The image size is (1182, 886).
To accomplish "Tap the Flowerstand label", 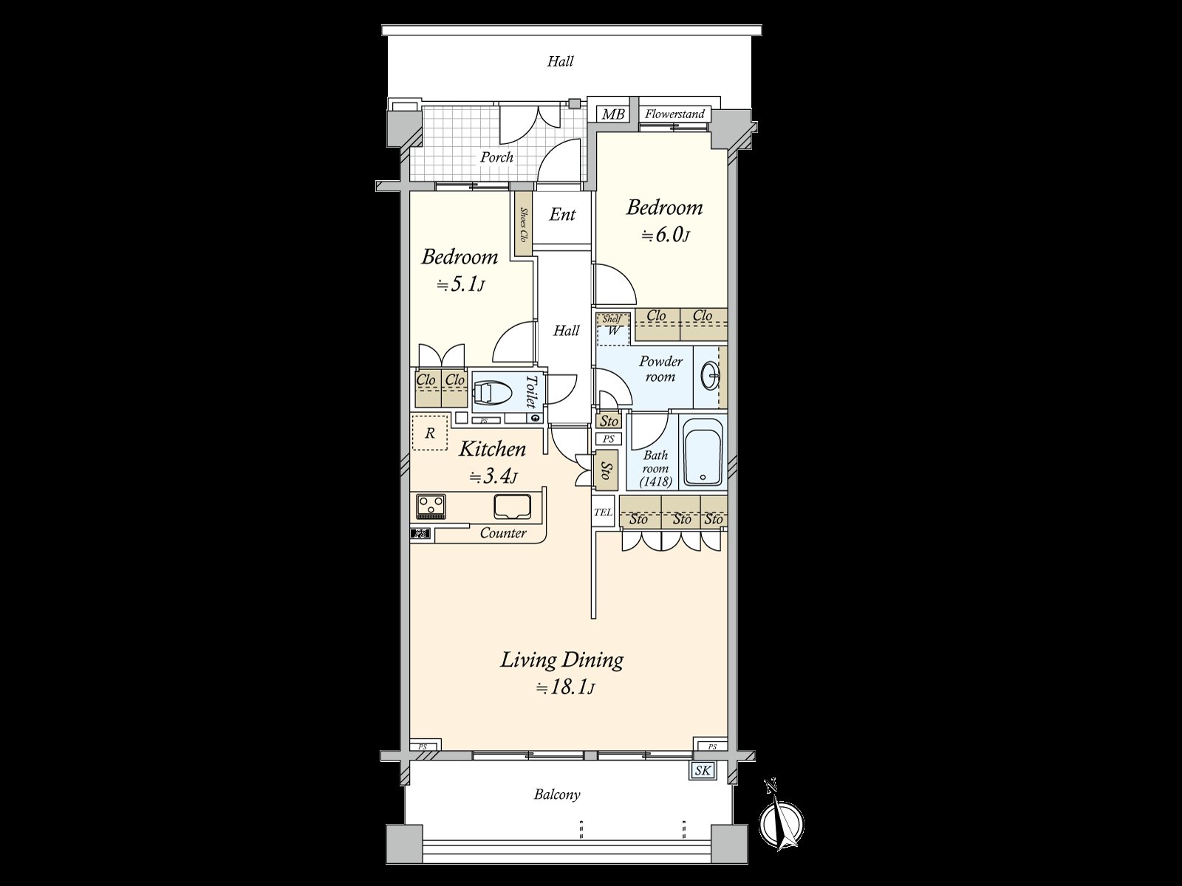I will [674, 114].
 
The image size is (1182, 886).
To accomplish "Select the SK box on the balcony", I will [703, 772].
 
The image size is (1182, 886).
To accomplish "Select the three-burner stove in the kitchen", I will [431, 506].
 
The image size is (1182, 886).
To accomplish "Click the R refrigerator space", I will [429, 433].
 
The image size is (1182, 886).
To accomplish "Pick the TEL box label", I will [604, 512].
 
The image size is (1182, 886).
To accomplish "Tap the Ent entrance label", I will [562, 215].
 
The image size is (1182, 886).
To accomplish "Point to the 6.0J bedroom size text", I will [665, 236].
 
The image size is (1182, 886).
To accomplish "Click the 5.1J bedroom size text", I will [460, 284].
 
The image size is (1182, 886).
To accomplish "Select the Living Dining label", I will [561, 659].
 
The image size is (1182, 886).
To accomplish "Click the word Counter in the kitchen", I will [503, 533].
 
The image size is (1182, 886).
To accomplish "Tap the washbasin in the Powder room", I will [711, 377].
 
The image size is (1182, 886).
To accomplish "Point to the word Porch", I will [496, 157].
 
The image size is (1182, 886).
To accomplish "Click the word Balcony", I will [557, 794].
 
